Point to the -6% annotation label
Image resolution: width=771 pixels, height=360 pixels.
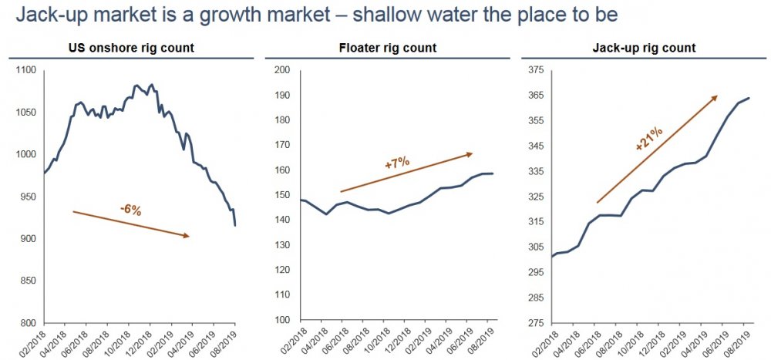tap(130, 210)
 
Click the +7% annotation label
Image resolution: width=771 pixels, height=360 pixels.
tap(396, 164)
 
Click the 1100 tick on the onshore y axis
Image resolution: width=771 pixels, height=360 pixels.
tap(26, 70)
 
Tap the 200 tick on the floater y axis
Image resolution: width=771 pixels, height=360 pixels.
tap(282, 70)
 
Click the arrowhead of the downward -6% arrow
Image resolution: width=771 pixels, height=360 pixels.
tap(186, 236)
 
